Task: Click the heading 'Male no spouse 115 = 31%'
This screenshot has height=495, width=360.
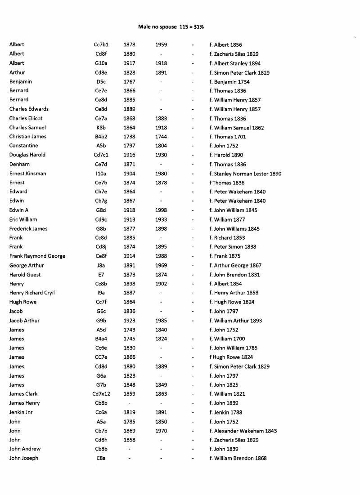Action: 171,27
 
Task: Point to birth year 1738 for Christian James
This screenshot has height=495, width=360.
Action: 130,137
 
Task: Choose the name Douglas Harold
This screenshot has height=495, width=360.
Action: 27,155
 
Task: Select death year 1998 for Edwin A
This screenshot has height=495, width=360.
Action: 161,210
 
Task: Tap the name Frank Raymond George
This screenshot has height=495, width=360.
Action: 37,256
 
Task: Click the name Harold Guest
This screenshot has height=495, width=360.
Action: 25,275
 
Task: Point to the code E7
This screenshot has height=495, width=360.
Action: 101,275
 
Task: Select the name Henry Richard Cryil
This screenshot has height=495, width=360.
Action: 32,293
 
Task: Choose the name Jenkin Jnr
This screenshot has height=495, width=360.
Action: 21,412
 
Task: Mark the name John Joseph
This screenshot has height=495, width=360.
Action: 24,458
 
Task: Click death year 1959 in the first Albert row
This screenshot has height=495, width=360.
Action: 161,45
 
